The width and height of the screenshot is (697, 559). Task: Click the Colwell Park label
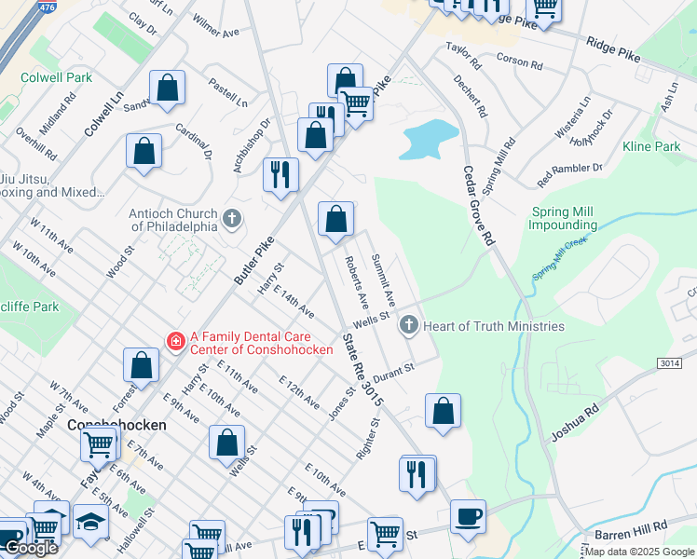pos(56,77)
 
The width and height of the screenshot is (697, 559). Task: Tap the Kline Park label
pos(651,146)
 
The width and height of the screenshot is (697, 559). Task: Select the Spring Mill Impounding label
pos(563,218)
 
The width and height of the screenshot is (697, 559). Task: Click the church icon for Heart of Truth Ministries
pos(407,325)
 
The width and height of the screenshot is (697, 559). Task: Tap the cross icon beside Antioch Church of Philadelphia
pos(232,220)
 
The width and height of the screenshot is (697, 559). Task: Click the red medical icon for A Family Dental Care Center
pos(174,342)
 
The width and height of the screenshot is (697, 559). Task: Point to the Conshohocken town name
pos(116,425)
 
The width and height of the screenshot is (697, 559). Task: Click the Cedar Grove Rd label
pos(476,206)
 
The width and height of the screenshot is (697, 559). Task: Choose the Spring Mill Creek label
pos(560,260)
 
